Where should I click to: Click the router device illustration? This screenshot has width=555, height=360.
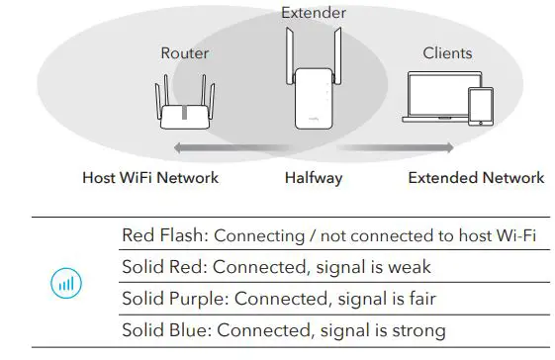[185, 107]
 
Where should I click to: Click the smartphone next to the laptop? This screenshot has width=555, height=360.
[481, 106]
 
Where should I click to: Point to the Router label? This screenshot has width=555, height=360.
[185, 52]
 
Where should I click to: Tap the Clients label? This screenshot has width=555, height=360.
[447, 52]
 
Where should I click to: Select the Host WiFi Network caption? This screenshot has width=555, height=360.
[150, 178]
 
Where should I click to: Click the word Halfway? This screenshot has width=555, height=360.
[314, 178]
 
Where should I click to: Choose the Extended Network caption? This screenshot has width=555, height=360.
[476, 178]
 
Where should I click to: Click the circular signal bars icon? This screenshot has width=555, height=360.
[64, 283]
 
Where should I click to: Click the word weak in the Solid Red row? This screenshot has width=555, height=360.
[409, 267]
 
